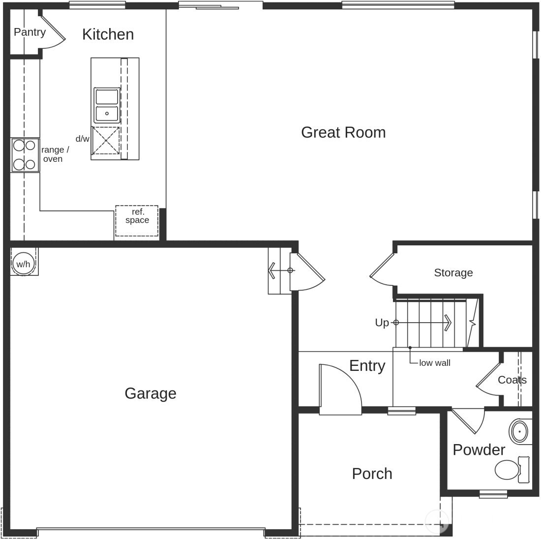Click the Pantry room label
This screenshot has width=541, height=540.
click(30, 32)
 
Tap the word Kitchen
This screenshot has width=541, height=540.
click(108, 34)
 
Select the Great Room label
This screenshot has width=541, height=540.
click(343, 132)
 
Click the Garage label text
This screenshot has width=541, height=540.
click(150, 393)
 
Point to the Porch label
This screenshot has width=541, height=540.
click(372, 474)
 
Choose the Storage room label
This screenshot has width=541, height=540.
click(453, 272)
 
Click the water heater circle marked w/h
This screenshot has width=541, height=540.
click(23, 264)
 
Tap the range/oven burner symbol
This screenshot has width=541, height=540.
click(25, 155)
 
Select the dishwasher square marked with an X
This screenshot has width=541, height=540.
click(106, 140)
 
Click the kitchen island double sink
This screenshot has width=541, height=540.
click(107, 105)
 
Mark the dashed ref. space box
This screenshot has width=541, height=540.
click(137, 221)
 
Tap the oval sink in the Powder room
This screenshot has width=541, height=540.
click(518, 432)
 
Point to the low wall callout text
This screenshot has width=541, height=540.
click(434, 363)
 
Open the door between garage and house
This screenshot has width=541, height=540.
click(306, 271)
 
